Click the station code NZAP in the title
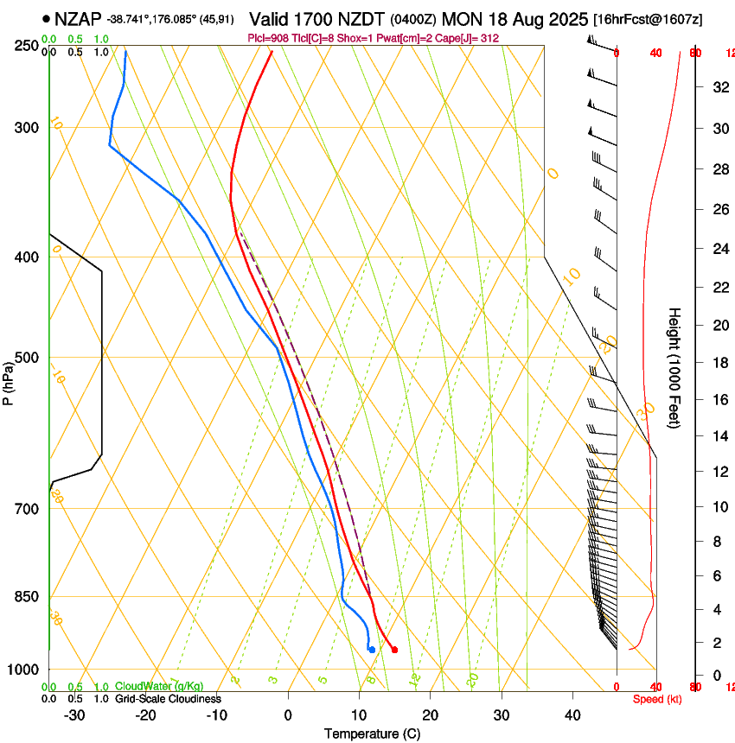[x=77, y=18]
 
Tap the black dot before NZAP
[x=46, y=18]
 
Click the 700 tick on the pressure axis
[x=27, y=509]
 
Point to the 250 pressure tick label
[x=27, y=46]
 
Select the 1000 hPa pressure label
[x=23, y=670]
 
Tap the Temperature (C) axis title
[x=372, y=733]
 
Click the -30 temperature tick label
[x=73, y=715]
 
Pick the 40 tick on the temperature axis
[x=572, y=715]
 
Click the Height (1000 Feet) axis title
[x=675, y=367]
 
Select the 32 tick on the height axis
[x=719, y=86]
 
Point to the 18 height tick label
[x=719, y=363]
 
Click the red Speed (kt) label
[x=657, y=699]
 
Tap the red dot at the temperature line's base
[x=394, y=650]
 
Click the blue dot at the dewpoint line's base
[x=372, y=650]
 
